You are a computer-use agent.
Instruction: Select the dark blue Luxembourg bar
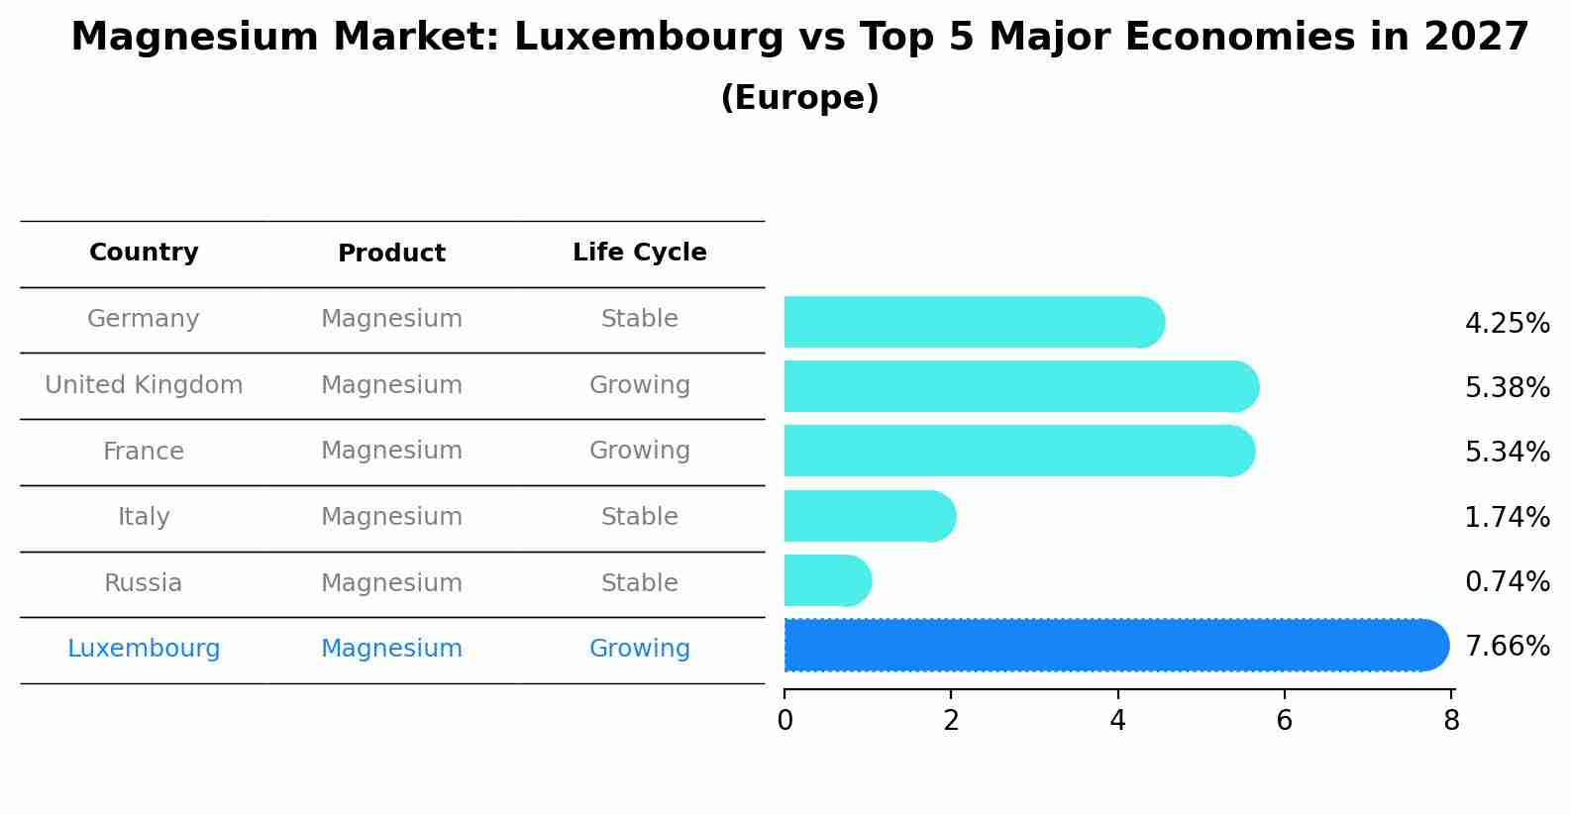[x=1114, y=646]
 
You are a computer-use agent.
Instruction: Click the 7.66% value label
[x=1507, y=647]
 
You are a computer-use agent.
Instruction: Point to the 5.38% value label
[x=1507, y=388]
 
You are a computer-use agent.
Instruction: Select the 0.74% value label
[x=1507, y=582]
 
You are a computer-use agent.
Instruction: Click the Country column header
[x=144, y=253]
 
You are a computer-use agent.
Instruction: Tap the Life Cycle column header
[x=639, y=253]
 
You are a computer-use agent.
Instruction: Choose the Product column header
[x=391, y=254]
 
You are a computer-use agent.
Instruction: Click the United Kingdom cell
[x=144, y=385]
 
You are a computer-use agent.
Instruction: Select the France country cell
[x=144, y=452]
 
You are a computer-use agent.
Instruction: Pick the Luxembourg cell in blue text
[x=144, y=649]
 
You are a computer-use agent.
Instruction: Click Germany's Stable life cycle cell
[x=639, y=319]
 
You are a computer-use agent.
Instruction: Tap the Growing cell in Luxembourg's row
[x=639, y=649]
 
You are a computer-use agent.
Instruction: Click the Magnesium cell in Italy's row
[x=391, y=517]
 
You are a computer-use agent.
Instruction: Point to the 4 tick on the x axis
[x=1117, y=721]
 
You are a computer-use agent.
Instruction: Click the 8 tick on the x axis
[x=1451, y=721]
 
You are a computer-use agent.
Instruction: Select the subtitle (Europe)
[x=799, y=98]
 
